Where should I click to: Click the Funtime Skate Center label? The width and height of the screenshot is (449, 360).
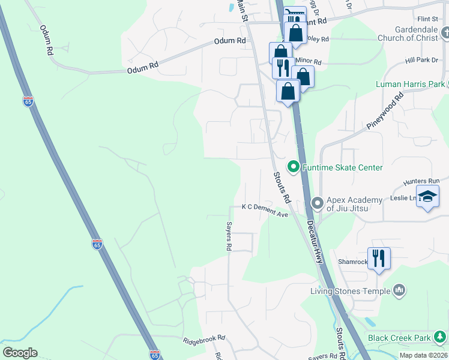(x=343, y=167)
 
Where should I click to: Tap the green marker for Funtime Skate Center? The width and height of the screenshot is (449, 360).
(x=294, y=167)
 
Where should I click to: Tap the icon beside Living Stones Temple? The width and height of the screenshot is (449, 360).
(x=399, y=291)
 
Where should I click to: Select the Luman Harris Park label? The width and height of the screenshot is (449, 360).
(x=410, y=84)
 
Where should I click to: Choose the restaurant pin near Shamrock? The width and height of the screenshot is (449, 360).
(x=379, y=259)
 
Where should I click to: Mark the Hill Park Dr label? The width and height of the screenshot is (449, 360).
(x=422, y=61)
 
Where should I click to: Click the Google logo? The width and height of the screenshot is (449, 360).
(x=20, y=353)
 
